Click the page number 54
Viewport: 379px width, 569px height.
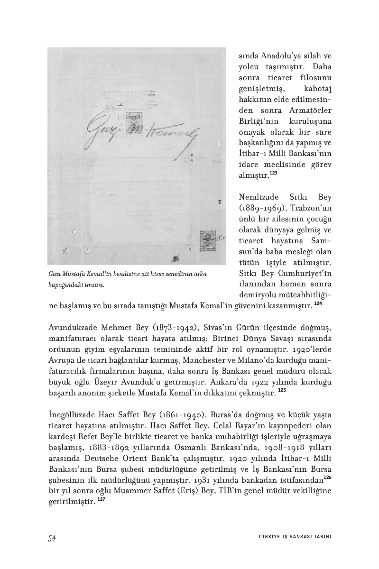coord(52,538)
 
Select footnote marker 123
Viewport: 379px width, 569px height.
coord(273,174)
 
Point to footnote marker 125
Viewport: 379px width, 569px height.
coord(282,390)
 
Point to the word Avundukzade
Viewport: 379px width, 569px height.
coord(73,329)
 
